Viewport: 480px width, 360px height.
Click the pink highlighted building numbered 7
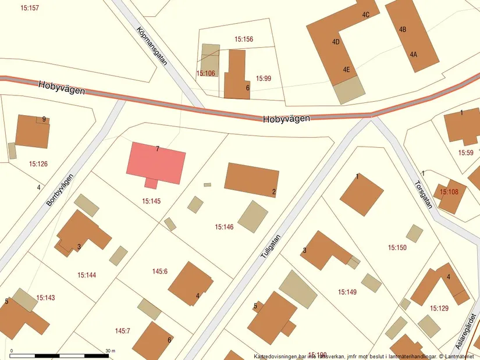pos(156,164)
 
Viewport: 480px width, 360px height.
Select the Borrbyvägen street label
pos(60,193)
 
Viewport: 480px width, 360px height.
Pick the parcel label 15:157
pos(29,8)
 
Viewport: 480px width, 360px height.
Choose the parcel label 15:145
pos(151,201)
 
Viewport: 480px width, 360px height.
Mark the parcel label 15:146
pos(224,227)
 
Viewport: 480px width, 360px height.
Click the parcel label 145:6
pos(160,271)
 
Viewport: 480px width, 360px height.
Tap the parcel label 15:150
pos(397,248)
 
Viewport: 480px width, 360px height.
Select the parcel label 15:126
pos(38,164)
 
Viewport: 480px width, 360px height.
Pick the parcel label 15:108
pos(449,191)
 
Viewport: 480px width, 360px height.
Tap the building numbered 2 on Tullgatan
pos(252,180)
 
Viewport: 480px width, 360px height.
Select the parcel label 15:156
pos(244,40)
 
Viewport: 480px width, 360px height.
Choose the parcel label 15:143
pos(45,298)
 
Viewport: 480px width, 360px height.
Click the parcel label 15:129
pos(439,308)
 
